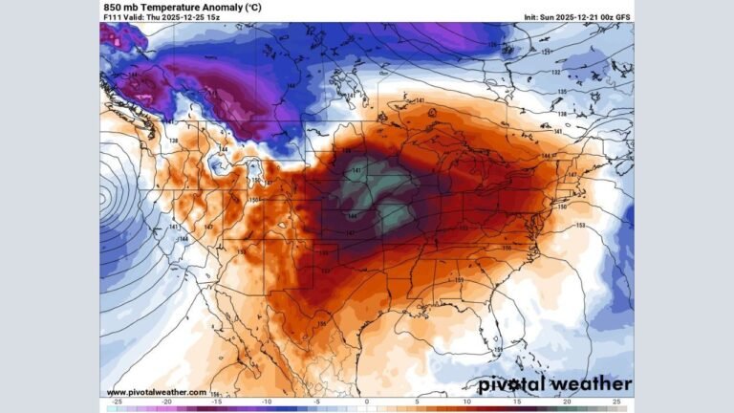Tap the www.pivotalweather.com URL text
coord(156,392)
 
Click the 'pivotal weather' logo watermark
coord(554,384)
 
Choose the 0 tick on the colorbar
coord(367,403)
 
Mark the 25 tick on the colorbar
coord(616,403)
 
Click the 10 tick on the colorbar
coord(467,403)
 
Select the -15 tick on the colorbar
coord(217,403)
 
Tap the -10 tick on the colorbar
coord(267,403)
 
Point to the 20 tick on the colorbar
coord(567,403)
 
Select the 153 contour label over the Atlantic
coord(580,226)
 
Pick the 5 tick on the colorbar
coord(417,403)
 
